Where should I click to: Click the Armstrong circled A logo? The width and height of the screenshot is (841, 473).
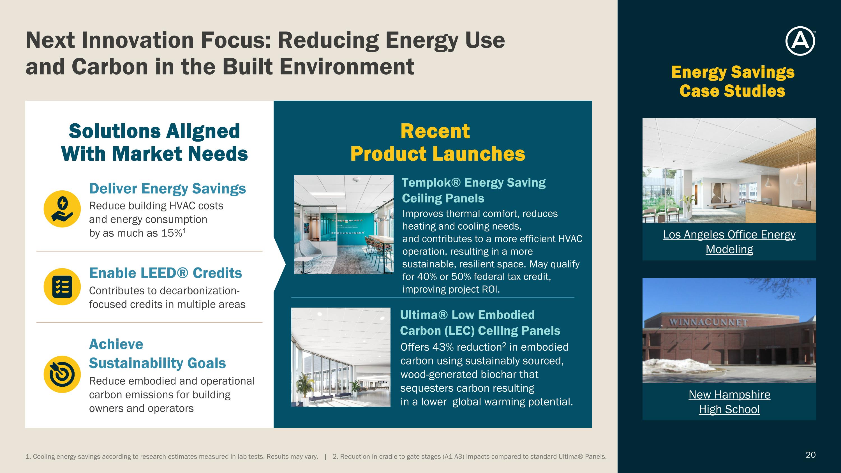800,41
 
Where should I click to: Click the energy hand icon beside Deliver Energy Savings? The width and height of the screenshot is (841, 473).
62,209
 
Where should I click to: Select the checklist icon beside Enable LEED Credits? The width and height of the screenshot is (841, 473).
62,287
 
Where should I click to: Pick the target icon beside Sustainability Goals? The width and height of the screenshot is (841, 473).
62,374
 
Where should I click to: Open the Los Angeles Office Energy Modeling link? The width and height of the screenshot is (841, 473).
729,242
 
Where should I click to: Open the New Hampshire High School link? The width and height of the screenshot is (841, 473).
729,402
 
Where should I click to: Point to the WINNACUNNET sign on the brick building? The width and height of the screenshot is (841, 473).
708,322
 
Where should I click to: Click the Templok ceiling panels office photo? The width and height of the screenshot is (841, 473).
344,225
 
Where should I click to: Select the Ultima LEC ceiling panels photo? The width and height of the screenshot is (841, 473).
341,357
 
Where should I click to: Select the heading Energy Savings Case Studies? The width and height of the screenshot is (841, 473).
733,82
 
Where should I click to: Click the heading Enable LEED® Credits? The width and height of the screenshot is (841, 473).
165,273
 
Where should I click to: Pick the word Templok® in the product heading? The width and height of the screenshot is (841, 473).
431,183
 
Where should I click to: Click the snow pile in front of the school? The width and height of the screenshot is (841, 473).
679,365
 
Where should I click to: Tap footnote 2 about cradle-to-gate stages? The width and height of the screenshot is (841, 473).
470,457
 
